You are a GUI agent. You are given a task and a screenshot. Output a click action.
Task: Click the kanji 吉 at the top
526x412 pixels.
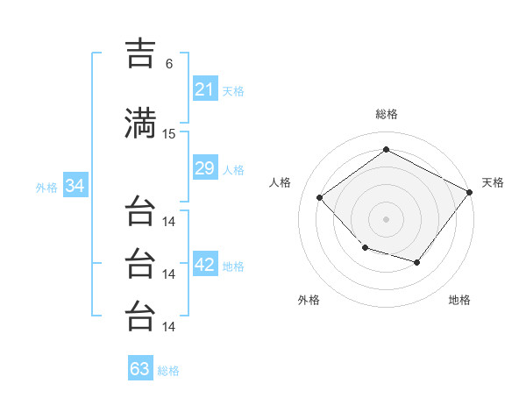[x=140, y=53]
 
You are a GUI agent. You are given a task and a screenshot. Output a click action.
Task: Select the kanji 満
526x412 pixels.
[x=140, y=123]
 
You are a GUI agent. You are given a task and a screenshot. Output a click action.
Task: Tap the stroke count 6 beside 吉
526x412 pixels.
[x=169, y=64]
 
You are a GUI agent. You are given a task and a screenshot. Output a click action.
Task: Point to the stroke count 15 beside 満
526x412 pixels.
[x=168, y=134]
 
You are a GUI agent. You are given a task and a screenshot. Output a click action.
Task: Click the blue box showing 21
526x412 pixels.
[x=206, y=89]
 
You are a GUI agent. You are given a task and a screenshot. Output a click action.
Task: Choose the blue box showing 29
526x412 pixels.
[x=206, y=167]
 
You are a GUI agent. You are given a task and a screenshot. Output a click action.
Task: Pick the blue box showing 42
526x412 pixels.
[x=206, y=263]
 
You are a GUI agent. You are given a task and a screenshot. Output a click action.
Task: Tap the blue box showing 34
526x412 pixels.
[x=75, y=185]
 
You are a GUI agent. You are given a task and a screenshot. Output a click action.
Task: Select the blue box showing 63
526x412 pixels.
[x=140, y=367]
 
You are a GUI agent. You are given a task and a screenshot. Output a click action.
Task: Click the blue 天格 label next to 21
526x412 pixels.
[x=233, y=91]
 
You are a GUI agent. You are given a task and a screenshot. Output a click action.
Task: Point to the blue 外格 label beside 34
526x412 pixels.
[x=46, y=188]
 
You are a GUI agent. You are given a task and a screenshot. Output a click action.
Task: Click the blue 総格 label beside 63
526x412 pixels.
[x=168, y=371]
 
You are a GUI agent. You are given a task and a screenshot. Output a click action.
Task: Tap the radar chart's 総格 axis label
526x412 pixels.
[x=387, y=114]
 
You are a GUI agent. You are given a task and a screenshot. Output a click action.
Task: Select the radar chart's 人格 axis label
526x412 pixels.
[x=280, y=182]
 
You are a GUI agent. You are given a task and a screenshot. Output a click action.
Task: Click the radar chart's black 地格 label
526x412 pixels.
[x=459, y=300]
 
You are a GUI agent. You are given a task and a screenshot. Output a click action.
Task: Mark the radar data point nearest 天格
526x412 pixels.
[x=469, y=192]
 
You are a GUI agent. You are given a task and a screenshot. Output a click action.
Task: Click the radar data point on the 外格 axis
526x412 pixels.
[x=366, y=247]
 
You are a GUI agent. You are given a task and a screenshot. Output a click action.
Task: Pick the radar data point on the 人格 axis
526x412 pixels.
[x=320, y=197]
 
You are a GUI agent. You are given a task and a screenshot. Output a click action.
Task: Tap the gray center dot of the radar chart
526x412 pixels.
[x=386, y=219]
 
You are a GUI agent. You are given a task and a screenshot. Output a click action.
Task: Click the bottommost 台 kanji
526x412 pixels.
[x=140, y=316]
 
